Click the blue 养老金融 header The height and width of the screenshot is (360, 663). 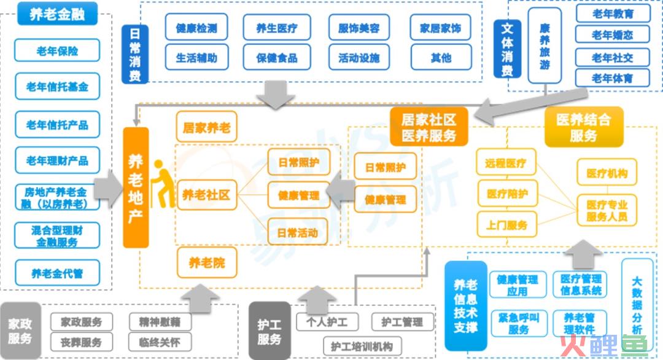tap(58, 14)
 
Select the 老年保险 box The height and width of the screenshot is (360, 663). tap(57, 51)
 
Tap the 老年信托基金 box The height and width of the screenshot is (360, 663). tap(57, 86)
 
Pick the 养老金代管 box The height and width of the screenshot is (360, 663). tap(57, 273)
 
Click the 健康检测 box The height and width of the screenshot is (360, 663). tap(196, 28)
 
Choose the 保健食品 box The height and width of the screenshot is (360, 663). tap(277, 57)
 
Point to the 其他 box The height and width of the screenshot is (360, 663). tap(441, 57)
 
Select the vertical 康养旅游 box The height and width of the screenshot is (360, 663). tap(545, 45)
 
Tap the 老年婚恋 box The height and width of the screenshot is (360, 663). tap(612, 34)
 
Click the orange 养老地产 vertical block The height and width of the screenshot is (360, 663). tap(136, 187)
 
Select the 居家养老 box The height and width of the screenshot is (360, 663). tap(206, 127)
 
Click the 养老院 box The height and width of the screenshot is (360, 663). tap(207, 263)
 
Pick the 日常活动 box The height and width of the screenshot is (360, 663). tap(298, 232)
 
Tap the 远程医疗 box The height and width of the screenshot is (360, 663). tap(506, 162)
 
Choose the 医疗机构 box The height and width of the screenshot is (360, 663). tap(607, 172)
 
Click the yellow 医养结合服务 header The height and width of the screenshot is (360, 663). tap(584, 127)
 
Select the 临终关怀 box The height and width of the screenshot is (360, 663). tap(160, 342)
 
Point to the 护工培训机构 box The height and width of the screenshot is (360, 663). tap(362, 346)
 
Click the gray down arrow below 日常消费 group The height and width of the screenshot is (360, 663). tap(276, 95)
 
